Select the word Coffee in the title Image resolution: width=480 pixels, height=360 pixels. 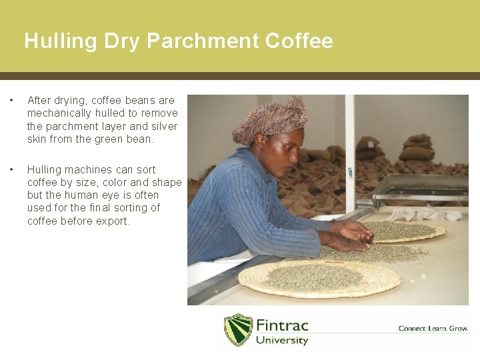tap(299, 41)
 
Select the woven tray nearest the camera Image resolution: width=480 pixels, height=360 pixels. tap(319, 278)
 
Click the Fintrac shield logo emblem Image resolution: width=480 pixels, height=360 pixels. tap(238, 330)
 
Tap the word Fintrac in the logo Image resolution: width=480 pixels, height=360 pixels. tap(283, 326)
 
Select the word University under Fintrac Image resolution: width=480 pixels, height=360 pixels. tap(282, 341)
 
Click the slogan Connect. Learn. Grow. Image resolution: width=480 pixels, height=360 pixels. tap(433, 329)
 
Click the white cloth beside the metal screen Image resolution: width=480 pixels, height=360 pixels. tap(426, 213)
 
